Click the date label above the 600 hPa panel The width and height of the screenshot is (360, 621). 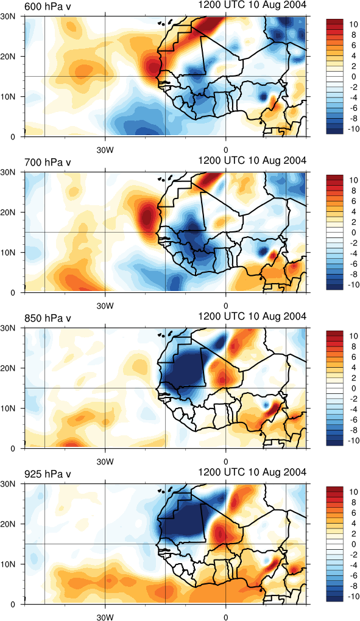252,5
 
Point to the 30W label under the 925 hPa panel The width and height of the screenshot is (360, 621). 105,617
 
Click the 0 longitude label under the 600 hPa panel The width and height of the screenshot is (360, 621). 226,150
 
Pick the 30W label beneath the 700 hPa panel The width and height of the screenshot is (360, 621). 105,306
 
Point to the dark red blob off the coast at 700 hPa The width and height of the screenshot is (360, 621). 147,217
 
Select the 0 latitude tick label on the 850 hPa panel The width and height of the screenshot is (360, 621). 13,448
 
